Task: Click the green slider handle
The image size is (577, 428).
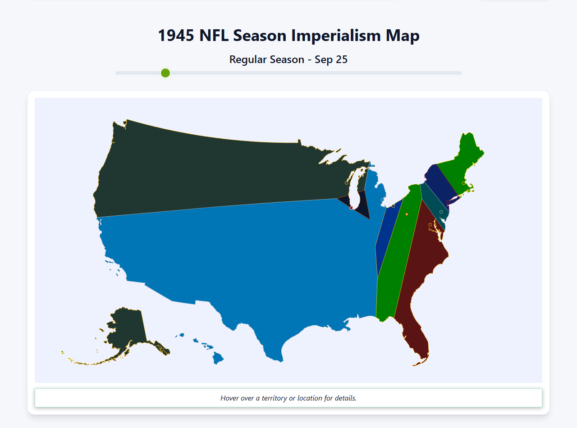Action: pyautogui.click(x=165, y=73)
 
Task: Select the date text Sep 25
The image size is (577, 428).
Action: pyautogui.click(x=331, y=59)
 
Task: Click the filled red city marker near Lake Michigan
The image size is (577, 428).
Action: pyautogui.click(x=351, y=208)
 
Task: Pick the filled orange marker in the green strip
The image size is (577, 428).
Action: pyautogui.click(x=407, y=214)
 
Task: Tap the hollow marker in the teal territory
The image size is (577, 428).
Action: pyautogui.click(x=441, y=212)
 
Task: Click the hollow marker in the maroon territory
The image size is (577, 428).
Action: pyautogui.click(x=430, y=224)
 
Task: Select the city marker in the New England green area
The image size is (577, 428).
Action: pyautogui.click(x=463, y=183)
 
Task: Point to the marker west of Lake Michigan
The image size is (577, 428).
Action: pyautogui.click(x=346, y=183)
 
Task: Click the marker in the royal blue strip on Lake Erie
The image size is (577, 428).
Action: pyautogui.click(x=393, y=206)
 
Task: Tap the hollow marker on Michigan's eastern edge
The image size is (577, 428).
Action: pyautogui.click(x=382, y=200)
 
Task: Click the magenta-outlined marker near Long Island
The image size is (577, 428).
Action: pyautogui.click(x=448, y=202)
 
